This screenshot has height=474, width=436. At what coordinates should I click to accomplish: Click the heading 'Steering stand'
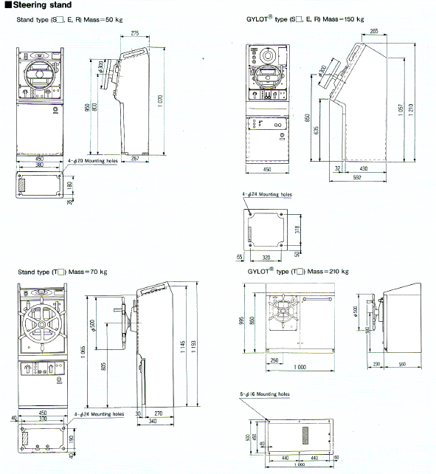click(38, 6)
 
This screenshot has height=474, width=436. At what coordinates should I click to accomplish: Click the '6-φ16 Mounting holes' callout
click(265, 395)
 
